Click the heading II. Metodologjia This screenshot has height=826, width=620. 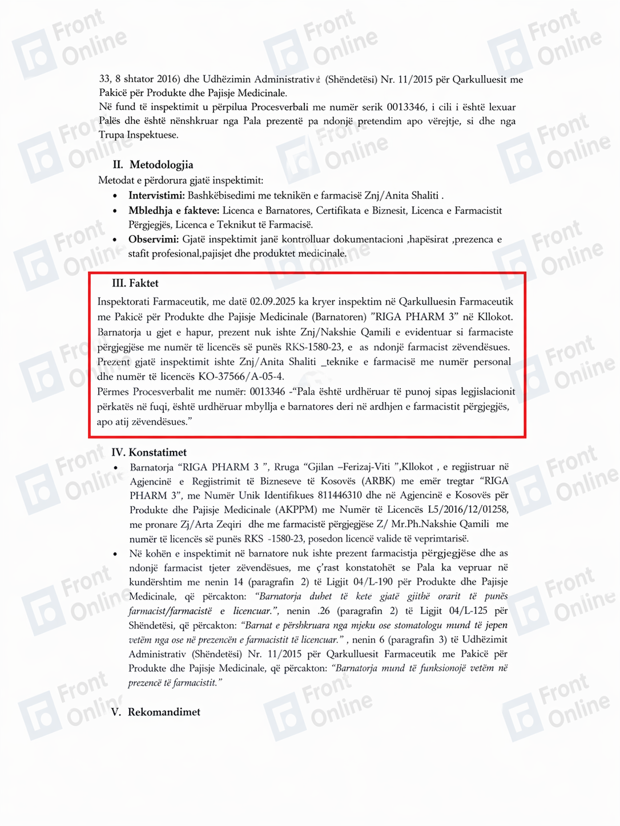[x=153, y=165]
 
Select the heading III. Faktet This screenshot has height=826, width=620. [x=135, y=284]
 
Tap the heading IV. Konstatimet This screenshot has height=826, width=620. [x=149, y=452]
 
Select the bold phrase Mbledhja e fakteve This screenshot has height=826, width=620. [x=174, y=210]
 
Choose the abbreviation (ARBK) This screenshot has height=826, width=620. [x=373, y=481]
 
